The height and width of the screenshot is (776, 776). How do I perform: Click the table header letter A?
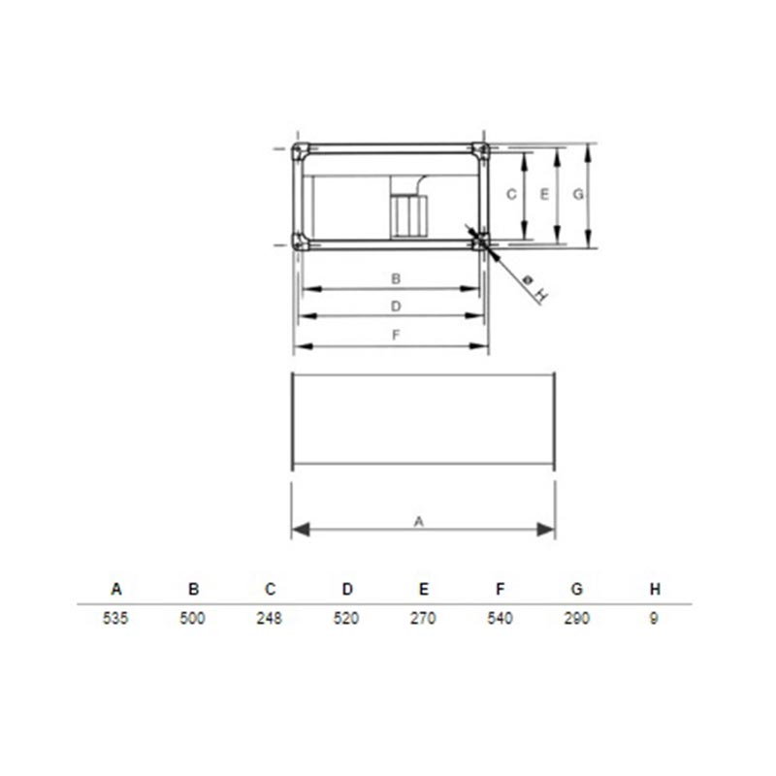(x=115, y=589)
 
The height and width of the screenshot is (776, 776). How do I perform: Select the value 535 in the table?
(x=115, y=618)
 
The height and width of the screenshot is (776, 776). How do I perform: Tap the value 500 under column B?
(x=192, y=618)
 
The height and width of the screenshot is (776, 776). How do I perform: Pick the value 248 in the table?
(x=270, y=618)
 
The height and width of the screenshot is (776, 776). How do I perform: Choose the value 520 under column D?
(x=346, y=618)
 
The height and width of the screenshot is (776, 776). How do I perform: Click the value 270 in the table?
(x=423, y=618)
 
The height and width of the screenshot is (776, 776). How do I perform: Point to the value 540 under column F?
(x=500, y=618)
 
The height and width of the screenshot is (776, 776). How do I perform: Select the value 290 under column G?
(x=577, y=618)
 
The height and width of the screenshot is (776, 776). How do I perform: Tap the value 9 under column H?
(x=654, y=618)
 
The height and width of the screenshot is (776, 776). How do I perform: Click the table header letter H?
(x=655, y=589)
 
